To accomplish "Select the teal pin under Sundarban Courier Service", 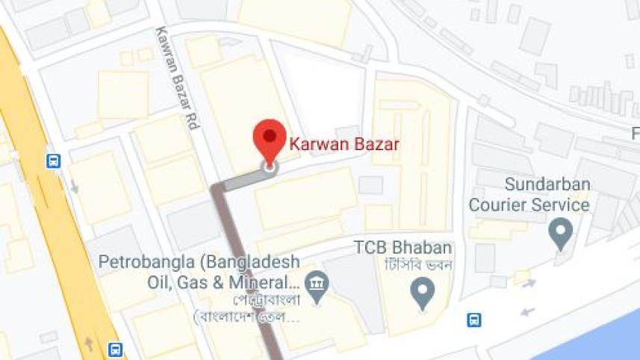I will (x=559, y=232).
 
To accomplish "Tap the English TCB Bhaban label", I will (x=403, y=248).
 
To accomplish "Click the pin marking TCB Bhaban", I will (x=423, y=291).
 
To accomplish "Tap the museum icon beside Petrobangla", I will (x=318, y=284).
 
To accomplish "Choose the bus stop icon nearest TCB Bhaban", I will (x=473, y=320).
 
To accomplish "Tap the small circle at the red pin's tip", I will (x=269, y=167).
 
